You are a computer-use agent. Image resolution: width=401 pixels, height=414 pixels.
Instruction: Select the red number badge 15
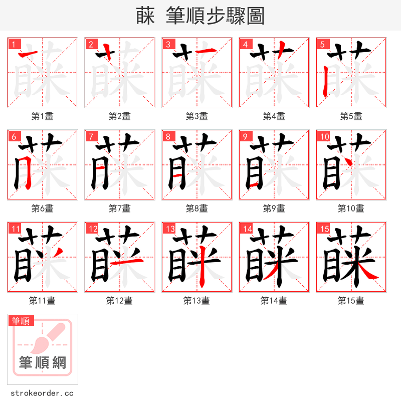[323, 229]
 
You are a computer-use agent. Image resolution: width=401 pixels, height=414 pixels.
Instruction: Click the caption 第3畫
[196, 116]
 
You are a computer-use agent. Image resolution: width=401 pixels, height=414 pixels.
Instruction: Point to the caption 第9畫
[274, 209]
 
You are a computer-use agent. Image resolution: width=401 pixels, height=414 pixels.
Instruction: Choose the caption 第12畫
[119, 301]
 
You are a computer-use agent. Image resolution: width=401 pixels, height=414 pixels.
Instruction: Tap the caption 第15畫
[351, 301]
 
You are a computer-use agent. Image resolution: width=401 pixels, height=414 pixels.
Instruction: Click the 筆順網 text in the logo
[42, 362]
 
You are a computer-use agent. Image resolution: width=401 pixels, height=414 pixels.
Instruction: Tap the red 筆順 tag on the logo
[21, 321]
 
